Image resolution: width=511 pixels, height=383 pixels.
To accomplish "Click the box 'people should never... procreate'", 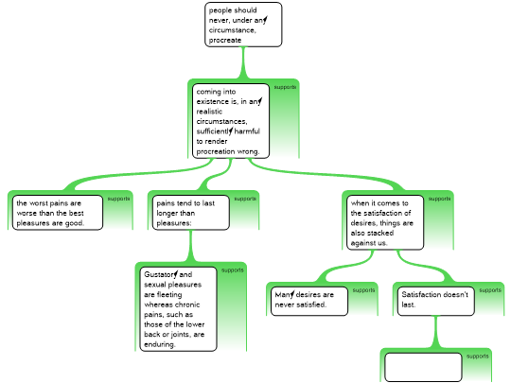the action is click(x=243, y=25).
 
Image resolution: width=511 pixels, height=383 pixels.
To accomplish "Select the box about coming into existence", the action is click(x=231, y=121).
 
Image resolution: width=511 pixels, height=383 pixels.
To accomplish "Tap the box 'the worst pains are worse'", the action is click(x=58, y=213).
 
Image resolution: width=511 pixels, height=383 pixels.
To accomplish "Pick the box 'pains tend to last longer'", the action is click(x=190, y=213).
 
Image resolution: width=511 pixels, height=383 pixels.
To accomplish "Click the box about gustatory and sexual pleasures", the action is click(x=178, y=309).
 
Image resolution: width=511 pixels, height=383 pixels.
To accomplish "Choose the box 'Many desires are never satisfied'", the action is click(x=309, y=302).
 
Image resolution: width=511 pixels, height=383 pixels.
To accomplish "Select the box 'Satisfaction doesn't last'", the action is click(x=435, y=302).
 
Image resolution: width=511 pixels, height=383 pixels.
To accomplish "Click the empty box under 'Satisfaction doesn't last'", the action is click(x=423, y=367).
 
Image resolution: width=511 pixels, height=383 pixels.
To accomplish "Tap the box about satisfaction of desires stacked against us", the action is click(x=385, y=222).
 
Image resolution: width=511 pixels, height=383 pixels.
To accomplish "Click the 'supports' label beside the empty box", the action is click(x=478, y=357).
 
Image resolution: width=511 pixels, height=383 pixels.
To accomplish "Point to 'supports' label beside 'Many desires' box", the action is click(x=363, y=290).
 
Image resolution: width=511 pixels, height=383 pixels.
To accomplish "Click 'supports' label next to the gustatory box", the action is click(x=233, y=270).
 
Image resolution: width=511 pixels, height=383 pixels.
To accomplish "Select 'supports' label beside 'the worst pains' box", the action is click(x=118, y=199).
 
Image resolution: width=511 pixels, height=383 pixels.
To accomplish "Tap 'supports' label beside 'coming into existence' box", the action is click(x=285, y=87).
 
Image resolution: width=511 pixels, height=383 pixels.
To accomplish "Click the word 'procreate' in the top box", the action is click(x=225, y=41).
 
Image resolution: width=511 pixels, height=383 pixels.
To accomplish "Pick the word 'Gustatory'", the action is click(x=161, y=274).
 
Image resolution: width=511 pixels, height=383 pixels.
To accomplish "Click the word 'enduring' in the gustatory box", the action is click(x=160, y=344).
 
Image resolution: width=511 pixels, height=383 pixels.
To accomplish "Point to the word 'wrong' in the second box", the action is click(x=248, y=151).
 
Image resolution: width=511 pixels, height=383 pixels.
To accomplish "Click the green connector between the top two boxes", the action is click(x=243, y=62).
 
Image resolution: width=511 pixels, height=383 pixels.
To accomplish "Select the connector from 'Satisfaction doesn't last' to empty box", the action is click(x=435, y=332).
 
